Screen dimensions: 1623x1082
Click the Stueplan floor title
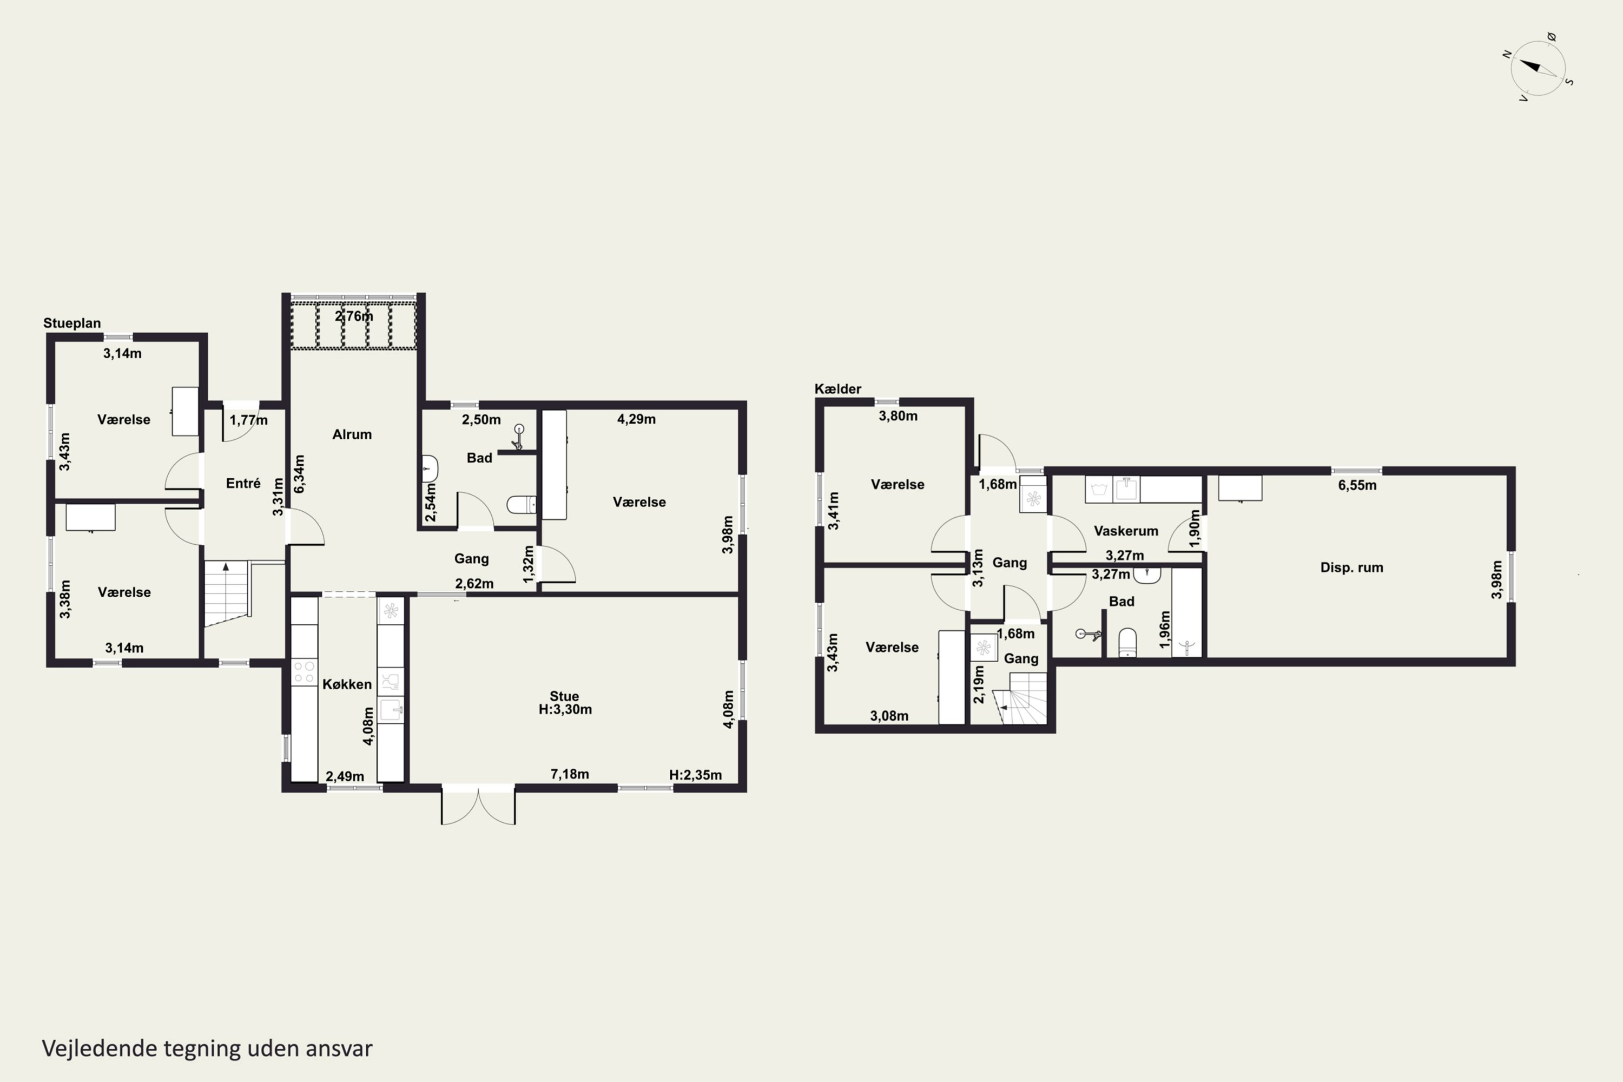(x=72, y=323)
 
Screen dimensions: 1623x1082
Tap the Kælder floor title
(x=837, y=388)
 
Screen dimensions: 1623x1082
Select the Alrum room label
(x=352, y=434)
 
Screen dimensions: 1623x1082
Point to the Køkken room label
(x=347, y=684)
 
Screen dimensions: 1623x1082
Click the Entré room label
(x=243, y=483)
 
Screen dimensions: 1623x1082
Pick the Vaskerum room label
(x=1125, y=531)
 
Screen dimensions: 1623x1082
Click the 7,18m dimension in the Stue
(x=569, y=774)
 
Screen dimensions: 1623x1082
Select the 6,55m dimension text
(x=1357, y=485)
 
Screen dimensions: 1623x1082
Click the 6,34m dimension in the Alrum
(x=299, y=473)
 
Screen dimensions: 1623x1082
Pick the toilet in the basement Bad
(x=1127, y=643)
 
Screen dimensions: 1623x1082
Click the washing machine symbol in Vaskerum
(x=1099, y=489)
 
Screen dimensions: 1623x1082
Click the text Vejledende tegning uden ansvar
(x=207, y=1048)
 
